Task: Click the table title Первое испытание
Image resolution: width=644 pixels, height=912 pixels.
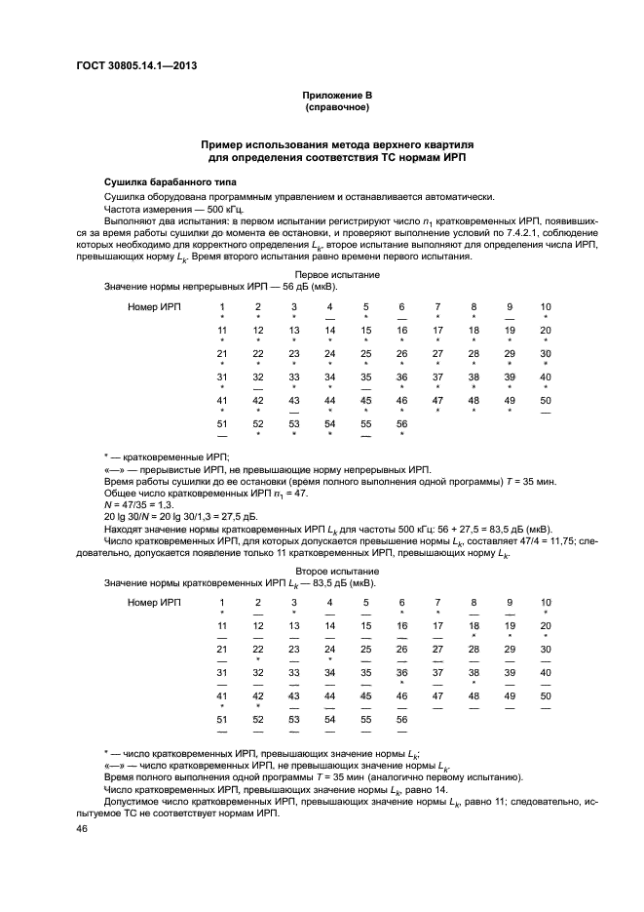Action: click(x=337, y=276)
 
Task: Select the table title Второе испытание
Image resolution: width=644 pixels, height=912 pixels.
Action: click(x=337, y=571)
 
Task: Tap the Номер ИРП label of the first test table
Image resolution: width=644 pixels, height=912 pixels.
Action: click(x=155, y=307)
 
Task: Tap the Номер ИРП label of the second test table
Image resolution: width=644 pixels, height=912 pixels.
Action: click(x=155, y=602)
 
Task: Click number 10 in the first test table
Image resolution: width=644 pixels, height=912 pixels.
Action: click(x=546, y=307)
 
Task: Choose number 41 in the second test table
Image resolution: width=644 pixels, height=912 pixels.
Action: click(x=222, y=695)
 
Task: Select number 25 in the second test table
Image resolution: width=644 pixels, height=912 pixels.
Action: click(x=365, y=649)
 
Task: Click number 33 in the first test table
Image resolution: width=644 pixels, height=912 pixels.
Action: click(x=294, y=377)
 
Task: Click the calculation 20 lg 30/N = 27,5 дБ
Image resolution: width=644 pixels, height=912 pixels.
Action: click(x=154, y=515)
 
